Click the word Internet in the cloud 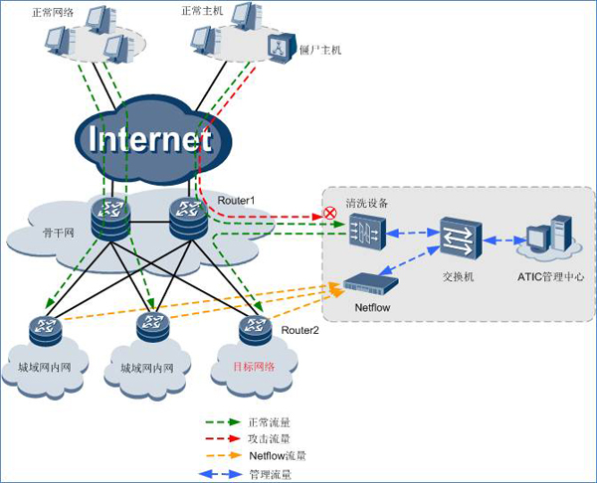pos(151,139)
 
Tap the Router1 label pos(237,201)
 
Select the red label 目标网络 pos(253,366)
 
